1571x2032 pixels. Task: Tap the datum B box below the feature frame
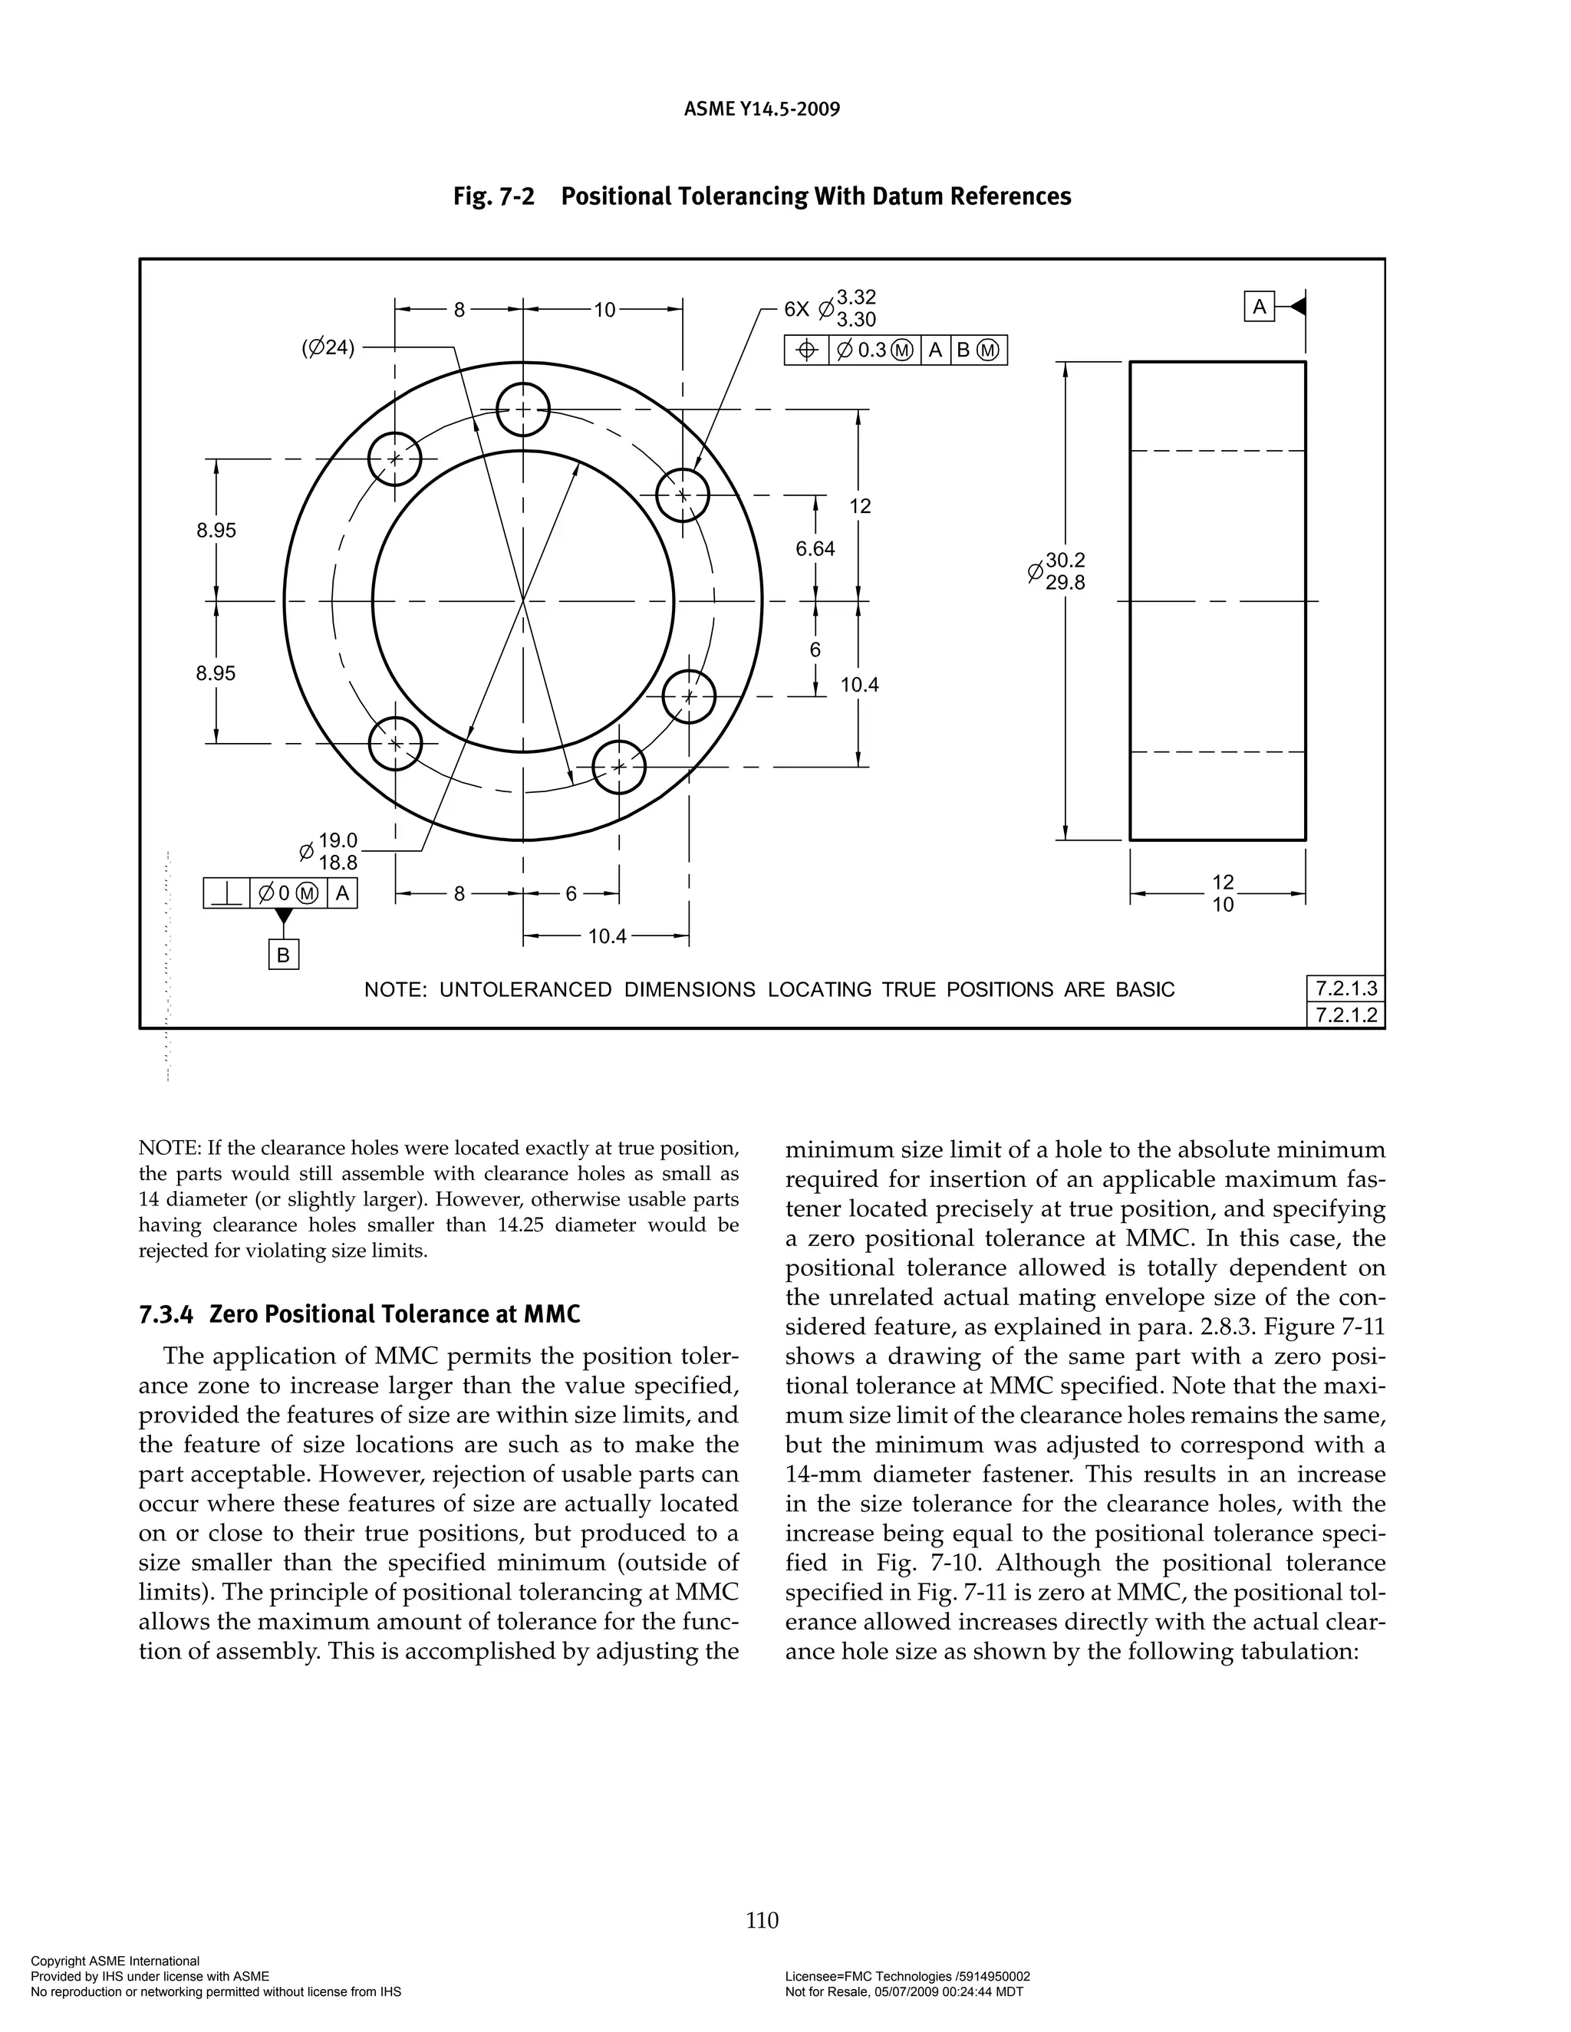pyautogui.click(x=284, y=955)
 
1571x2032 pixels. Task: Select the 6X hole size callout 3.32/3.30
pyautogui.click(x=855, y=308)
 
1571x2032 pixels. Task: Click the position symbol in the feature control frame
pyautogui.click(x=807, y=350)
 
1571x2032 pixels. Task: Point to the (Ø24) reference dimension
pyautogui.click(x=328, y=348)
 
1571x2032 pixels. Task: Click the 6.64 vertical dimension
pyautogui.click(x=815, y=549)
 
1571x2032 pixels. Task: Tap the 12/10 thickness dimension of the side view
pyautogui.click(x=1222, y=893)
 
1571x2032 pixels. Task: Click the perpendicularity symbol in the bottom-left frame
pyautogui.click(x=226, y=894)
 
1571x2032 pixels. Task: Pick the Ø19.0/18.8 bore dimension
pyautogui.click(x=329, y=851)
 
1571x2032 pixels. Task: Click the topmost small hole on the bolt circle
pyautogui.click(x=523, y=409)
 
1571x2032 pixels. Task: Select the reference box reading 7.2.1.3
pyautogui.click(x=1345, y=988)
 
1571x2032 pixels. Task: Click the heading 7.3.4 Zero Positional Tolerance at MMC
pyautogui.click(x=359, y=1314)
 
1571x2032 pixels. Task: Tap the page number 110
pyautogui.click(x=761, y=1919)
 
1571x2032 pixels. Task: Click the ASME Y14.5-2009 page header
pyautogui.click(x=761, y=109)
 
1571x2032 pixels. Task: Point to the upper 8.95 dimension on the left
pyautogui.click(x=216, y=531)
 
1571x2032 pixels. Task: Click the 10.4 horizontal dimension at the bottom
pyautogui.click(x=607, y=936)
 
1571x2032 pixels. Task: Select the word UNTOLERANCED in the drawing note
pyautogui.click(x=525, y=989)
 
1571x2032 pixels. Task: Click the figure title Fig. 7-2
pyautogui.click(x=494, y=196)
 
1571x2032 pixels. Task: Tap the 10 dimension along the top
pyautogui.click(x=605, y=310)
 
